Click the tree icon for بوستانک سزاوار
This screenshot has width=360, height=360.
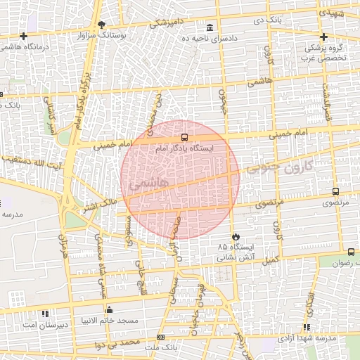point(102,25)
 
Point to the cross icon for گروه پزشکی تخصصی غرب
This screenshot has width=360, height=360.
point(323,37)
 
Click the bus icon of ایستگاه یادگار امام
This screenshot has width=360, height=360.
point(184,138)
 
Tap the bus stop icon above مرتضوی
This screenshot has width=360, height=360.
point(335,191)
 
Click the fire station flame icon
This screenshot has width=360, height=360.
point(235,236)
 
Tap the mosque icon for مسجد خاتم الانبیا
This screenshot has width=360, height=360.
point(109,309)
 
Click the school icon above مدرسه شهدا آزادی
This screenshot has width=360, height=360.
point(307,327)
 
